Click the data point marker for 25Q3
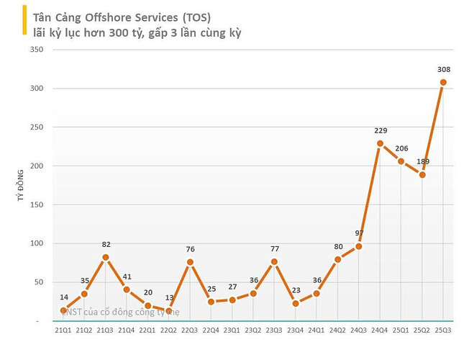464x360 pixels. [x=443, y=82]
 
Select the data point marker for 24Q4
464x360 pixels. [x=380, y=143]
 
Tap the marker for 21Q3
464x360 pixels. [x=106, y=257]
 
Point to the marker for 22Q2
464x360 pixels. [x=169, y=311]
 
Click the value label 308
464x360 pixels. [x=443, y=70]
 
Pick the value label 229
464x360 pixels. [x=381, y=130]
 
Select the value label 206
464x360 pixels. [x=401, y=148]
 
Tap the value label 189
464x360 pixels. [x=422, y=161]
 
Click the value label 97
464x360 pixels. [x=360, y=233]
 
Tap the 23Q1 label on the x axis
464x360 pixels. [x=232, y=330]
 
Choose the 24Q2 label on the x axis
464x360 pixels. [x=338, y=330]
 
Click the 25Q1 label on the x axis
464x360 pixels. [x=401, y=330]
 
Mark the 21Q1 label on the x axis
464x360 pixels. [x=63, y=330]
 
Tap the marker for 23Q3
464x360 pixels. [x=274, y=261]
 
